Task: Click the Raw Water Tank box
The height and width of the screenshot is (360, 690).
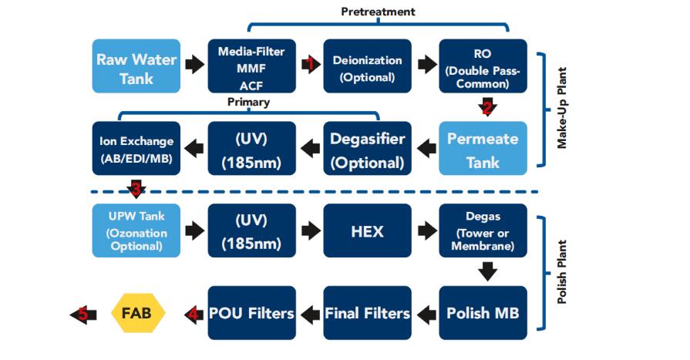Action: click(x=136, y=68)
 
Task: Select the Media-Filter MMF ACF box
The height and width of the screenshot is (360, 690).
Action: click(x=251, y=68)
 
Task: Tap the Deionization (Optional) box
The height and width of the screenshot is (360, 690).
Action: click(x=367, y=68)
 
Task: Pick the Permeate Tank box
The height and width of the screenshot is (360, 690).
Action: click(x=483, y=148)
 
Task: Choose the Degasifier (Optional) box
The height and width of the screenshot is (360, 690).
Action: click(x=367, y=149)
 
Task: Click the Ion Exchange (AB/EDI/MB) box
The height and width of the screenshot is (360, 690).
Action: click(x=136, y=149)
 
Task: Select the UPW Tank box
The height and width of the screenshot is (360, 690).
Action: click(x=136, y=230)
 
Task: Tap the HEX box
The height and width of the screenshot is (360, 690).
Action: click(x=367, y=230)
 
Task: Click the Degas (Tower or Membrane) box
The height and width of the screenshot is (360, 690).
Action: click(x=483, y=228)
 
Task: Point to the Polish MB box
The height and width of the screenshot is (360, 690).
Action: click(x=483, y=313)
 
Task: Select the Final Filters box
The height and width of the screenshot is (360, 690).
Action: click(x=367, y=313)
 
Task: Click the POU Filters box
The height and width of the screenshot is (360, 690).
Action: click(x=251, y=313)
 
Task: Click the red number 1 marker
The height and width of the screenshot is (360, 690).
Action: click(x=311, y=64)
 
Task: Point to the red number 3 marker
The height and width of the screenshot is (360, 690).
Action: click(x=136, y=188)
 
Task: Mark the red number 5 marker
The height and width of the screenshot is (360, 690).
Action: click(x=82, y=314)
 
